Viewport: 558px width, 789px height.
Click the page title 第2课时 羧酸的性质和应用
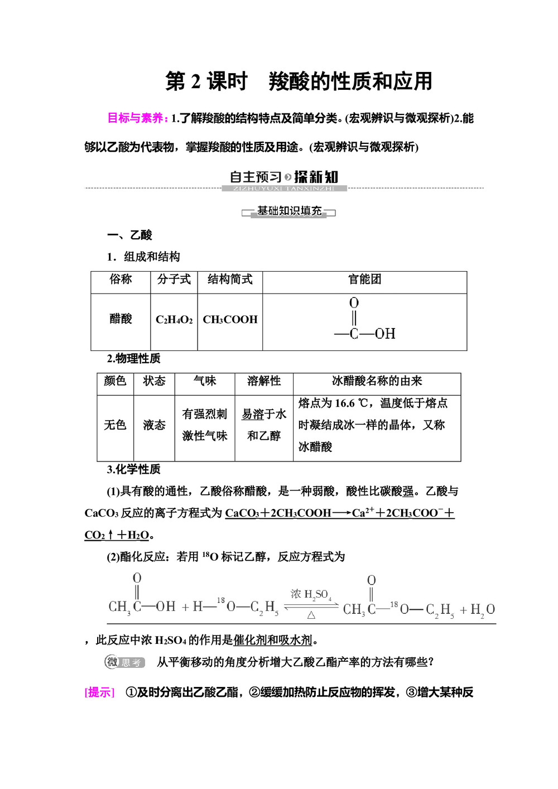299,81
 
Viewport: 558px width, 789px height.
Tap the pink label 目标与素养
137,118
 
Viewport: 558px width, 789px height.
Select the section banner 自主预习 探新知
284,177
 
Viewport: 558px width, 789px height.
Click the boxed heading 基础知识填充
289,211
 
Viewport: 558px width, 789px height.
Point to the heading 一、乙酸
129,235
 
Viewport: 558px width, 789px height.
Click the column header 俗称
121,279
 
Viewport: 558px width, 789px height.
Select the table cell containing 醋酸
121,319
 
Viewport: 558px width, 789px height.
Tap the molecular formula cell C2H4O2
174,320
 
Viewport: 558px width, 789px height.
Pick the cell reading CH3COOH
230,320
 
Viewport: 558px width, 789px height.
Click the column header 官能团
364,279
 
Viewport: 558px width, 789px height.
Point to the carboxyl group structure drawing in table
364,319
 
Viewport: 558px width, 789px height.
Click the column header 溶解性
264,381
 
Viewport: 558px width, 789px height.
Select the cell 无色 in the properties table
115,425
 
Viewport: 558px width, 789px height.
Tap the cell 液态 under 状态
154,425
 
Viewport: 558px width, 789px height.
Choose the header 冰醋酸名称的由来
377,381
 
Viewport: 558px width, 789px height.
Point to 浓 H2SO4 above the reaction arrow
311,595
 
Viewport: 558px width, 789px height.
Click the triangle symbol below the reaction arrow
311,615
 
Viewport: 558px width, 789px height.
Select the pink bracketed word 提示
99,692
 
